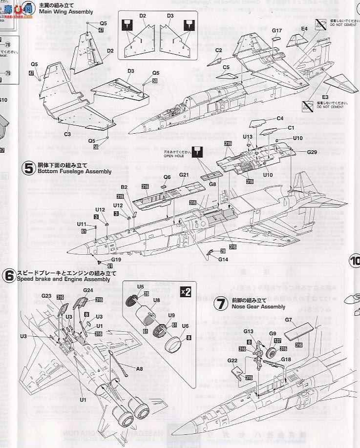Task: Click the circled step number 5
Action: click(x=28, y=168)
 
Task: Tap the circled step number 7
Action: click(x=222, y=304)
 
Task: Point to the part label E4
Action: click(x=304, y=29)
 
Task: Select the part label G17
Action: click(x=277, y=31)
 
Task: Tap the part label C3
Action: click(x=67, y=134)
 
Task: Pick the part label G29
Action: click(x=312, y=152)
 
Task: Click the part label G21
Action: click(x=184, y=175)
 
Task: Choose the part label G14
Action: click(x=223, y=259)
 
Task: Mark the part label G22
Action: click(x=233, y=361)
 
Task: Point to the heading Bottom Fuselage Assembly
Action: click(x=73, y=171)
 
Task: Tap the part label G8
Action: click(x=212, y=184)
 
